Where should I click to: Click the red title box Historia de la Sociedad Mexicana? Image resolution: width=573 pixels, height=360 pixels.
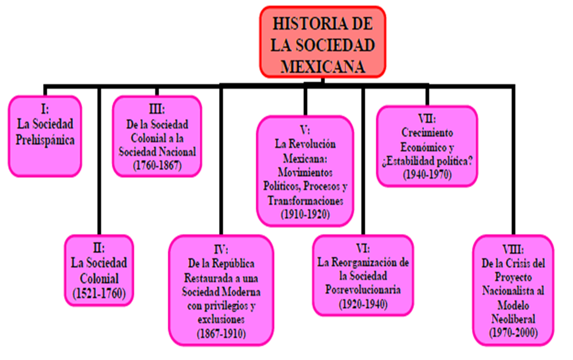(x=323, y=41)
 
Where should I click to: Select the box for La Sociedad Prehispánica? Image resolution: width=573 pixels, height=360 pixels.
(x=45, y=136)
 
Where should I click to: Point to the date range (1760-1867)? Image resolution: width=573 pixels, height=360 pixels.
(x=157, y=165)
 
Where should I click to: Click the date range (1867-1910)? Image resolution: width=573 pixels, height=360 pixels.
(x=221, y=333)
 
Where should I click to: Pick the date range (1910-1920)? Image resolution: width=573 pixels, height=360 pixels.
(x=305, y=214)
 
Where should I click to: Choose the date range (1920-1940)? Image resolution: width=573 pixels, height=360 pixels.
(x=363, y=304)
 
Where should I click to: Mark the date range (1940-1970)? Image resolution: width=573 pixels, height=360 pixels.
(x=427, y=175)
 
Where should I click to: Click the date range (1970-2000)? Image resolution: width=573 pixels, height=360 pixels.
(x=513, y=333)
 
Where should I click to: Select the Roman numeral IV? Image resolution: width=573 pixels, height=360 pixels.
(x=221, y=249)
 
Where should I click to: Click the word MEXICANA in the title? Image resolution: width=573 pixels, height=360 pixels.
(x=323, y=66)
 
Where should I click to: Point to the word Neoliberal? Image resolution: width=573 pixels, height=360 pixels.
(x=513, y=319)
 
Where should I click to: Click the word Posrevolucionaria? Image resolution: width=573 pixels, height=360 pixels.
(x=363, y=290)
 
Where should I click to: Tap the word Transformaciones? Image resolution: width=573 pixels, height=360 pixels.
(x=305, y=201)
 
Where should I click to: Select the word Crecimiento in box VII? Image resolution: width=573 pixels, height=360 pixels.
(x=427, y=133)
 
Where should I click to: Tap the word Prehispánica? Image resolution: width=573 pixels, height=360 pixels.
(x=45, y=140)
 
